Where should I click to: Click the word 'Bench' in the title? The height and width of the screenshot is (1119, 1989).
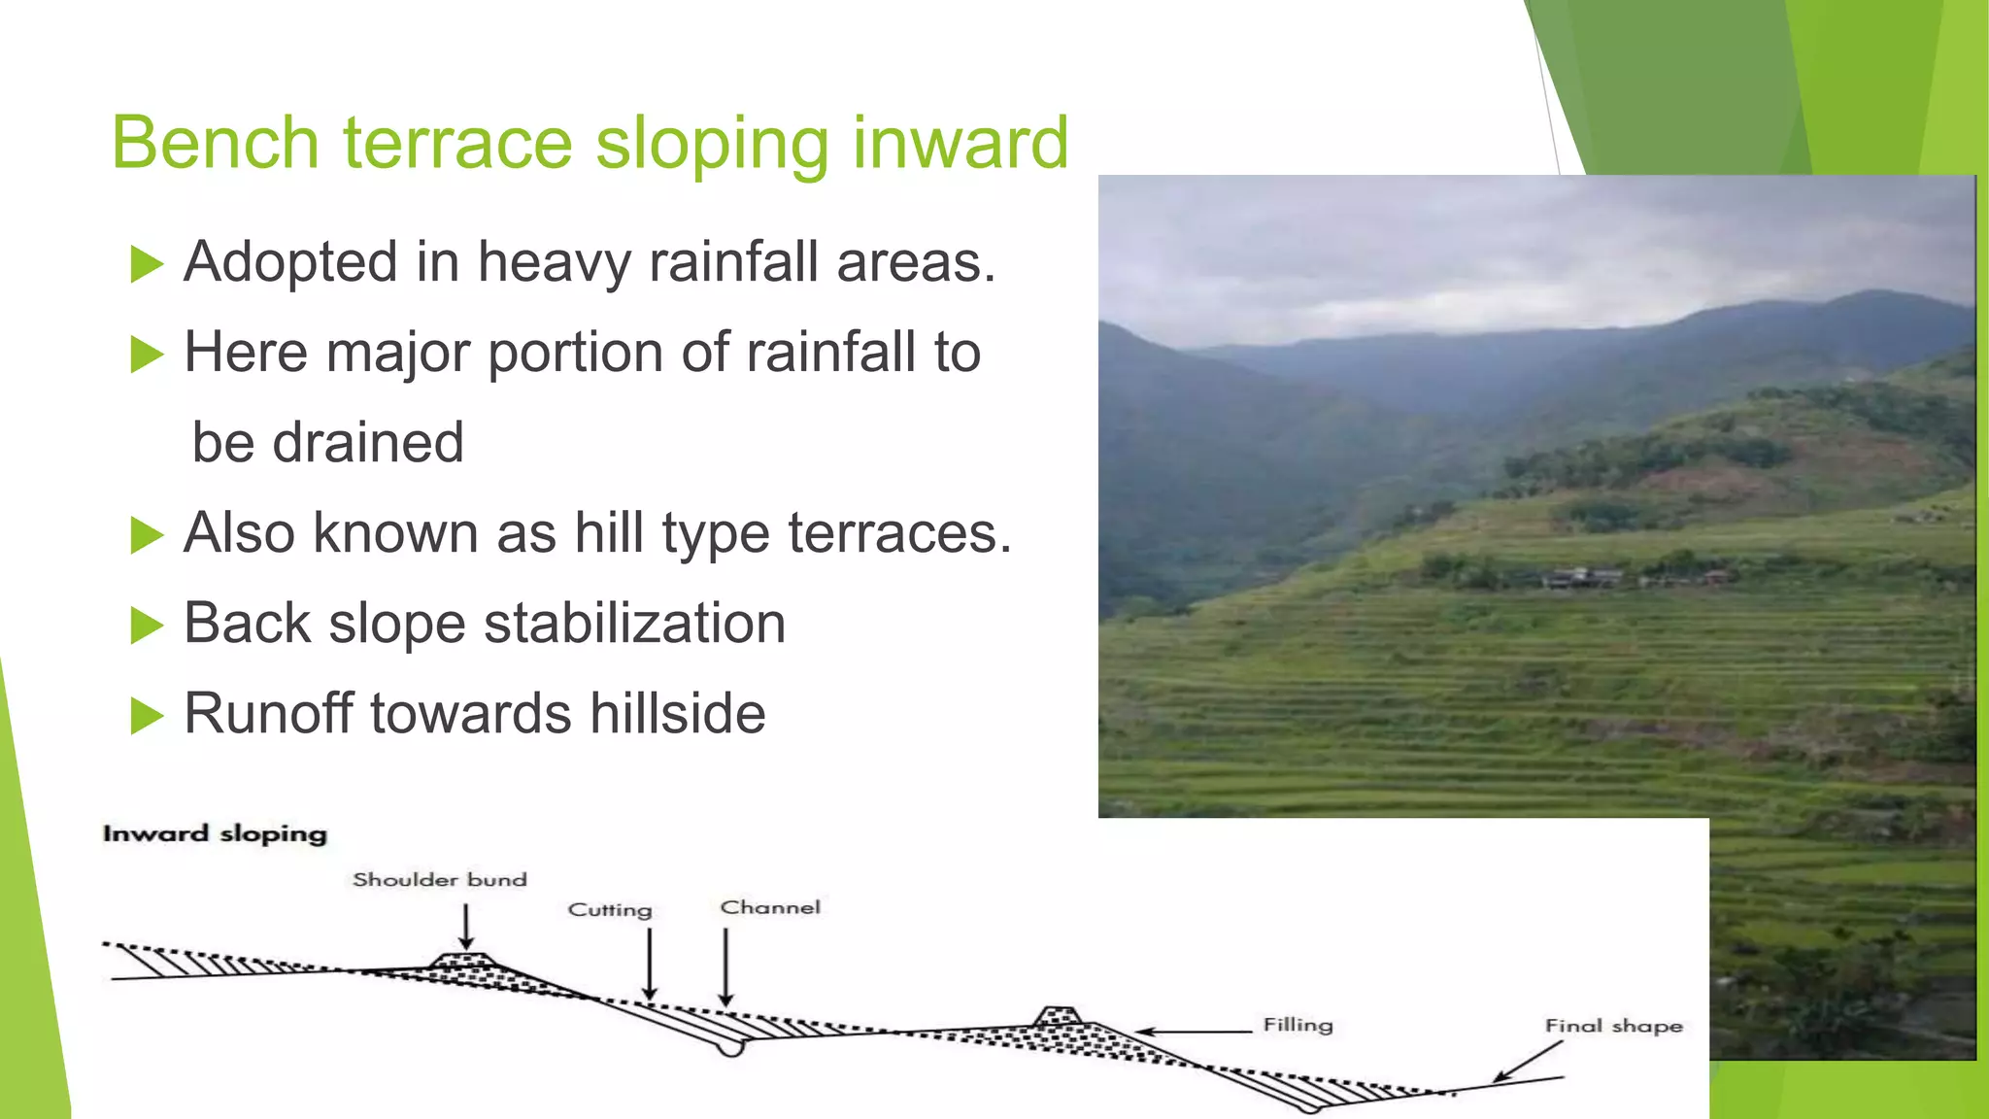point(216,144)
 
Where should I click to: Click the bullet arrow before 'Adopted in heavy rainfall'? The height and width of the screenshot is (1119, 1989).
point(147,264)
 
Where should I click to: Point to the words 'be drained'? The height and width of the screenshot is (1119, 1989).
point(328,443)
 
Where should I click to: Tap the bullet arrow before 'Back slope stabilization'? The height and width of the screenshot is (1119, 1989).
point(147,626)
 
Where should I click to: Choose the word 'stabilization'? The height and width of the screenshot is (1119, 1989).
point(634,624)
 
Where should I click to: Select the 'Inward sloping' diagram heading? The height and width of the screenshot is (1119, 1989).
point(215,833)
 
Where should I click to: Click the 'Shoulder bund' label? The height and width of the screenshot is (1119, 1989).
point(439,879)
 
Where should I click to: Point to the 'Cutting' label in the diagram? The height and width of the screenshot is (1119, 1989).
point(610,909)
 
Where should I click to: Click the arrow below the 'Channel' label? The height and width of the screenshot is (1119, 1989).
point(725,967)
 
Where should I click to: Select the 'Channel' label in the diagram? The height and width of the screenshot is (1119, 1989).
point(770,907)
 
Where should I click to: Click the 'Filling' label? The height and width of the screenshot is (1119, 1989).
point(1298,1025)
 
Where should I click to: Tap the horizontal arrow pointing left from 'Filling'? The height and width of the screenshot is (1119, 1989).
point(1194,1032)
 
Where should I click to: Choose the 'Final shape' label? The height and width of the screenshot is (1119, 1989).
point(1613,1026)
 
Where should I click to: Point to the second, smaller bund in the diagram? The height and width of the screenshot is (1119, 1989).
point(1057,1016)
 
